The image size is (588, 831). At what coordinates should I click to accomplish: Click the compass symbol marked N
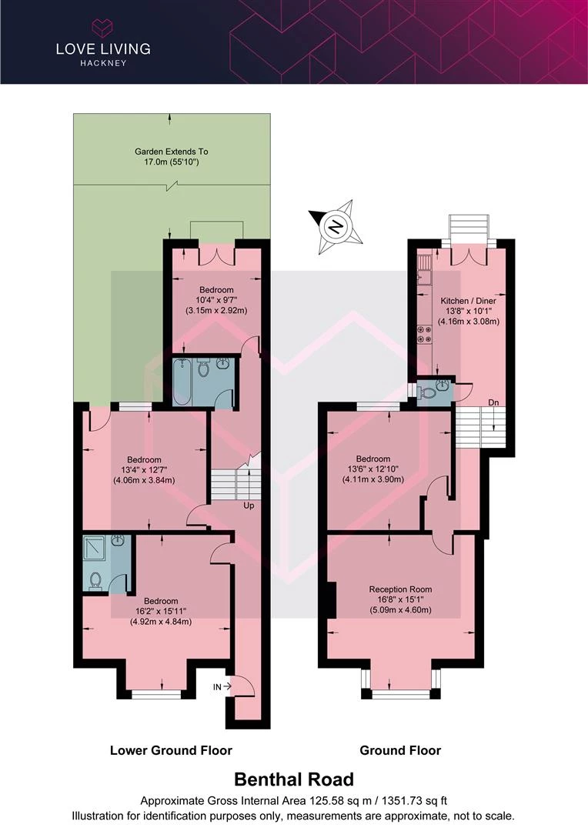(x=336, y=226)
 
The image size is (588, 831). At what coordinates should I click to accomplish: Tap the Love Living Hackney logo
(x=103, y=43)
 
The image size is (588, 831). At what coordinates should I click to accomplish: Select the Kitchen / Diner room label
(x=468, y=301)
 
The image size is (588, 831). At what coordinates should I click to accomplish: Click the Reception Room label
(x=400, y=589)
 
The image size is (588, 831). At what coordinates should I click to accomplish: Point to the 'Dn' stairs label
(x=493, y=402)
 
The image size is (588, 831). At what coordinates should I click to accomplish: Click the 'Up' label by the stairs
(x=249, y=506)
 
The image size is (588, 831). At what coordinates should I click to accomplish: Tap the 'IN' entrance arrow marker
(x=222, y=687)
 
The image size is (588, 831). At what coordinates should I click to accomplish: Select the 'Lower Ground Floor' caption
(x=172, y=750)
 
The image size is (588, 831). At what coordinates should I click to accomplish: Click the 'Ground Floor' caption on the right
(x=400, y=750)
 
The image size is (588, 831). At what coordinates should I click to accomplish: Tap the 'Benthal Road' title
(x=294, y=779)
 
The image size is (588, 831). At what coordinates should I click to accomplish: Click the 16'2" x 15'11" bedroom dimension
(x=161, y=611)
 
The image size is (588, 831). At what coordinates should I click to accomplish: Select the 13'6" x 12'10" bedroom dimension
(x=373, y=469)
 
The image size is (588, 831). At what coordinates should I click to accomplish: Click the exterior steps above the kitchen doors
(x=468, y=228)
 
